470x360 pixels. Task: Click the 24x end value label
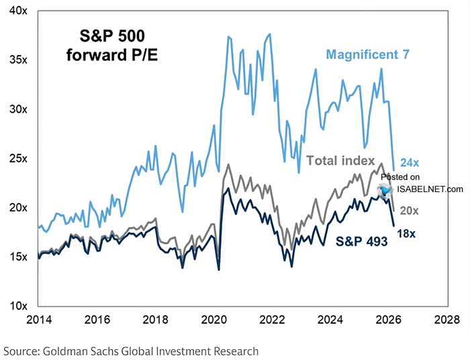(410, 163)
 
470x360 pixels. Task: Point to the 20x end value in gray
(410, 211)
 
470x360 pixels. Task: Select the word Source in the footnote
(21, 351)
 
